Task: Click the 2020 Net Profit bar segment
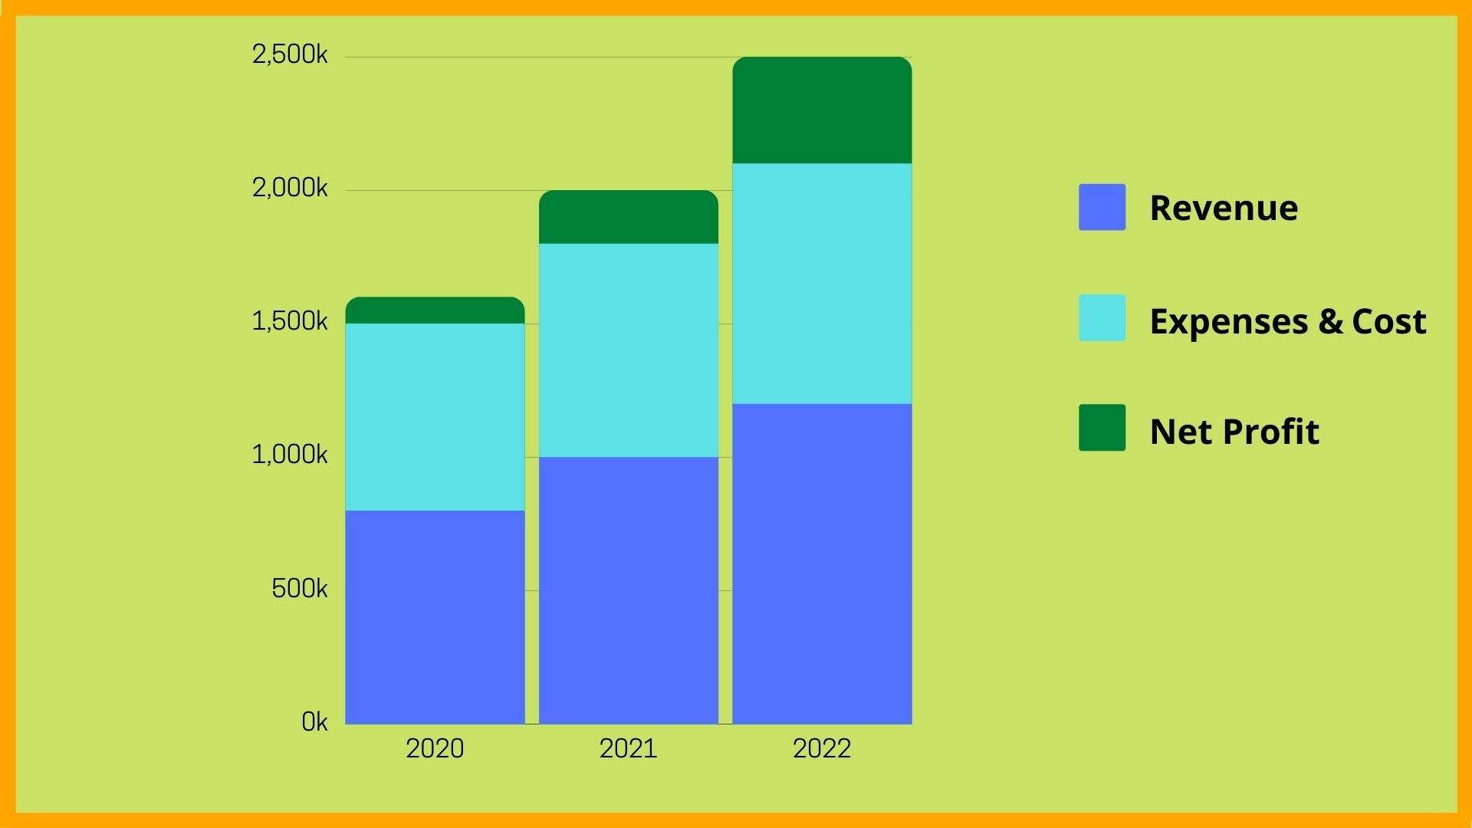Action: click(435, 310)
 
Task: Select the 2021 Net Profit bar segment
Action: click(629, 217)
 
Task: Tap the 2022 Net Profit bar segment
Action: click(822, 110)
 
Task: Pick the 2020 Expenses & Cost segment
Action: click(435, 417)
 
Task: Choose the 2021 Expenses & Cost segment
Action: click(629, 350)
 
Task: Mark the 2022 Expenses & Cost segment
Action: click(822, 284)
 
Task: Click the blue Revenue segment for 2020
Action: click(435, 617)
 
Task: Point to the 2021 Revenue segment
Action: click(629, 590)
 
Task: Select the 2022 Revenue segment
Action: click(822, 563)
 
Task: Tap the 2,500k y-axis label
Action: click(290, 54)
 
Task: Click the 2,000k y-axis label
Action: click(290, 188)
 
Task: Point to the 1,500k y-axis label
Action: click(290, 321)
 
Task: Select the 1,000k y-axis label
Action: click(290, 455)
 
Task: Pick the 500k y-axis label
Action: click(299, 589)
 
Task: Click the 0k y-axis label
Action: click(314, 722)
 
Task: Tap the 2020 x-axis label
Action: click(435, 748)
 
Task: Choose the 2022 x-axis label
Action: click(822, 748)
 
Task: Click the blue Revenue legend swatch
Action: click(1102, 207)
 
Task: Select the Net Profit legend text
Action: click(1234, 431)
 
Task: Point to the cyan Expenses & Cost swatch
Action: click(1102, 317)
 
